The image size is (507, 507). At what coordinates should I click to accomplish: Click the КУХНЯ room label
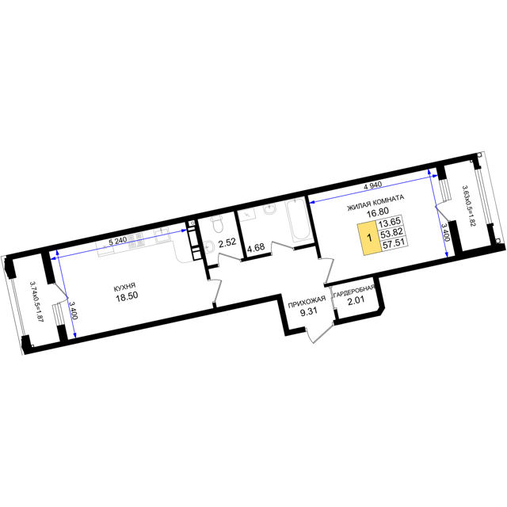[x=124, y=287]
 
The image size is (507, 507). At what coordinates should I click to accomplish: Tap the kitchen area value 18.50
[x=127, y=296]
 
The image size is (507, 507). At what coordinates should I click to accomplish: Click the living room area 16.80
[x=378, y=212]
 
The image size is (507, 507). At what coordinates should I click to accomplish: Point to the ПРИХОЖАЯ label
[x=307, y=303]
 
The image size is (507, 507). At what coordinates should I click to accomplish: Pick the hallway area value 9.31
[x=309, y=312]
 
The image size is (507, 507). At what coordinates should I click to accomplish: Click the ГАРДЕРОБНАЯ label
[x=354, y=292]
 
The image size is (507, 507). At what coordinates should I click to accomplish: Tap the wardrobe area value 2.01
[x=356, y=300]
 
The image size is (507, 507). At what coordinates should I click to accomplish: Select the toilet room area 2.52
[x=227, y=243]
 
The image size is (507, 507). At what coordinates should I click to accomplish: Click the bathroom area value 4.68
[x=256, y=248]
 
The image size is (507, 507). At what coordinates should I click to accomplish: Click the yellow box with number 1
[x=369, y=238]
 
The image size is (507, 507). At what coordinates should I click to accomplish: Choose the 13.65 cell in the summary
[x=389, y=223]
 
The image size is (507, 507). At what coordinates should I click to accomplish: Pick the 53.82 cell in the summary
[x=391, y=233]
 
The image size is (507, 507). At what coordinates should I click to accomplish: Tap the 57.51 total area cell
[x=394, y=243]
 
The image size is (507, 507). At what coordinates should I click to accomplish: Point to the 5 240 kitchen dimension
[x=118, y=241]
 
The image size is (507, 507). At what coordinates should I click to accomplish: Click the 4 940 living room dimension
[x=373, y=185]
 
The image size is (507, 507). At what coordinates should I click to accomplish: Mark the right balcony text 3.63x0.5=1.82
[x=468, y=206]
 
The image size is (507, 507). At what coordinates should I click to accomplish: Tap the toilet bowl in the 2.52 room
[x=216, y=224]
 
